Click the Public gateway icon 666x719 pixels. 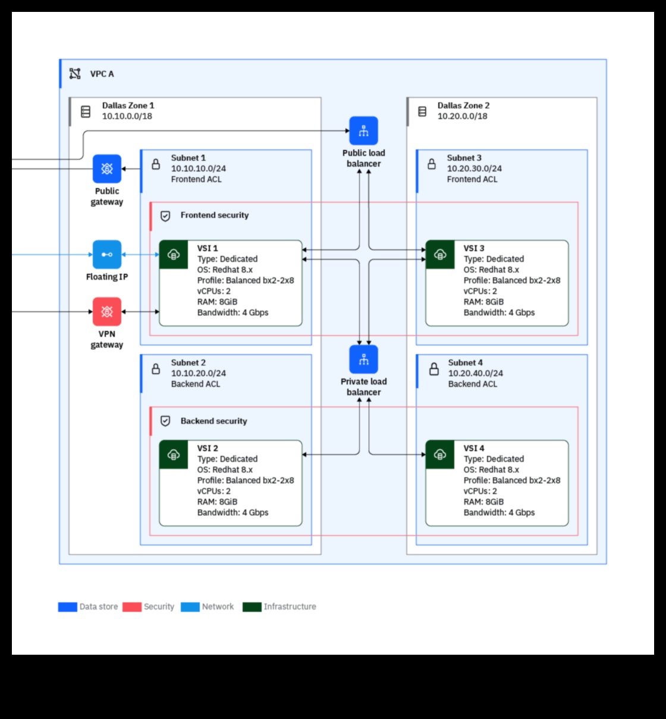[x=107, y=169]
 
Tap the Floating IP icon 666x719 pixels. [x=107, y=255]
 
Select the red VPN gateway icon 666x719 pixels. [x=107, y=312]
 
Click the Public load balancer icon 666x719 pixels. [x=364, y=131]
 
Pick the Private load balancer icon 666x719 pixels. [x=364, y=359]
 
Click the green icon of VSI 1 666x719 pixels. [x=174, y=255]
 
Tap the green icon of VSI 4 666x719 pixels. [x=440, y=455]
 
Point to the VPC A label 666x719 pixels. [x=102, y=74]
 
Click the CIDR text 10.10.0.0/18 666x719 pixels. [x=127, y=116]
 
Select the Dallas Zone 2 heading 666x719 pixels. [x=463, y=105]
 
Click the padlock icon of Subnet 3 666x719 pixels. [x=432, y=164]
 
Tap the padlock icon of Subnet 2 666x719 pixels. [x=156, y=368]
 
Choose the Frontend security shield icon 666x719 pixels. [x=166, y=216]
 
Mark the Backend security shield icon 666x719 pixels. [x=166, y=421]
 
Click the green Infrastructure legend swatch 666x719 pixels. [x=252, y=607]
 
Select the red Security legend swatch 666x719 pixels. [x=132, y=607]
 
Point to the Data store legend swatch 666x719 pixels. [x=68, y=607]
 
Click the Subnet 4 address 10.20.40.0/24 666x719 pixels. [x=475, y=373]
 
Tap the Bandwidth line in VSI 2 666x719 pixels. [x=233, y=512]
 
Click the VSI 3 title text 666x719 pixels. [x=474, y=248]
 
